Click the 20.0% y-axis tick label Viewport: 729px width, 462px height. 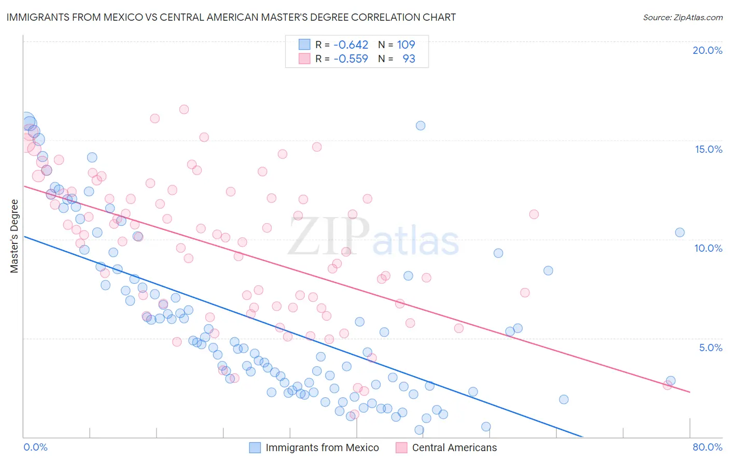(707, 50)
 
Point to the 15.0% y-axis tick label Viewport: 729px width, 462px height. (708, 149)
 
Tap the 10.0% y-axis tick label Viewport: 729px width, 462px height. (708, 248)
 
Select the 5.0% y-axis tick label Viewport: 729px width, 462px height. (710, 348)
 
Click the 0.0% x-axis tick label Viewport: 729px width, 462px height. (36, 447)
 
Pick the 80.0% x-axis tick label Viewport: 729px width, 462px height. (707, 447)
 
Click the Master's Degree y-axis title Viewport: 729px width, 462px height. (15, 236)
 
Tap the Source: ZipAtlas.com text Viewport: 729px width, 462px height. (682, 18)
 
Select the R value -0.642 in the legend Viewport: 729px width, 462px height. (351, 45)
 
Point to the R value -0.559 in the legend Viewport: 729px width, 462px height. (351, 59)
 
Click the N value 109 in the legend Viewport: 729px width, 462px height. (406, 45)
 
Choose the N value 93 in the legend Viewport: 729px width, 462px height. (409, 59)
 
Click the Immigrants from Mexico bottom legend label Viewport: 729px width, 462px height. (322, 447)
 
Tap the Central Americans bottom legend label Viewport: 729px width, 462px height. (454, 447)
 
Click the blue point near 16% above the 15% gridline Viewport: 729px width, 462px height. (420, 125)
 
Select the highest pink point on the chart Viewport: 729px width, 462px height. (184, 109)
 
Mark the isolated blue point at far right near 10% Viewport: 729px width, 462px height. (680, 233)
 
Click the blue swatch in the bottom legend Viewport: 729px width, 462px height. (255, 447)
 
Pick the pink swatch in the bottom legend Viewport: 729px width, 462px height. (401, 447)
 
